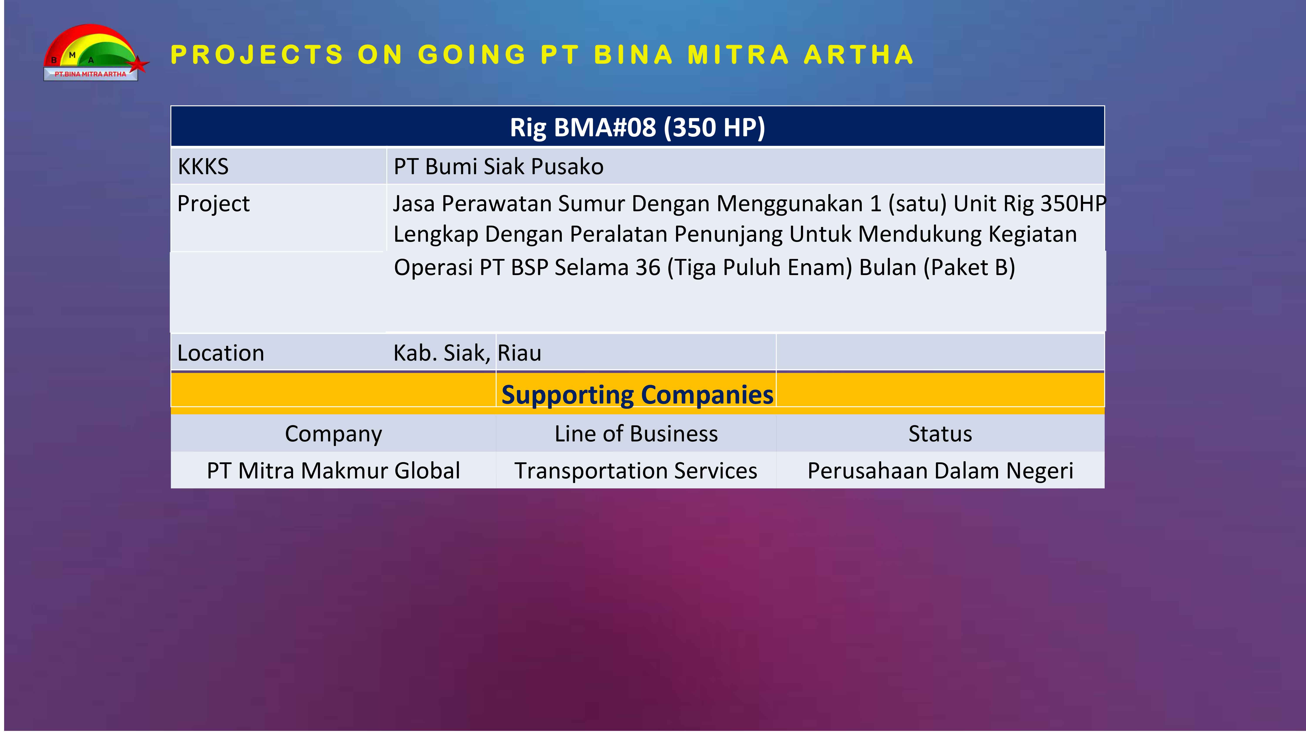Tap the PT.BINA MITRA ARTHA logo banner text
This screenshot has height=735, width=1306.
[x=90, y=74]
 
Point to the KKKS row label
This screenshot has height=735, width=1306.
[x=203, y=166]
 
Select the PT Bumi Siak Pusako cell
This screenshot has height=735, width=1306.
[x=498, y=166]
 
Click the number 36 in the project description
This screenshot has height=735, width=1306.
[x=648, y=267]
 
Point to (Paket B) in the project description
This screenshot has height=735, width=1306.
[x=969, y=267]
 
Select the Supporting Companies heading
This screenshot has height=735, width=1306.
[x=637, y=395]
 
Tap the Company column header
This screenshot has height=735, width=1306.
[x=333, y=434]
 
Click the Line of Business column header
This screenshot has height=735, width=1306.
[x=636, y=434]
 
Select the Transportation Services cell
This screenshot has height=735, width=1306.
[x=636, y=471]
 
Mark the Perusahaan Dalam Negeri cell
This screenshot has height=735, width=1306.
[x=941, y=471]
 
